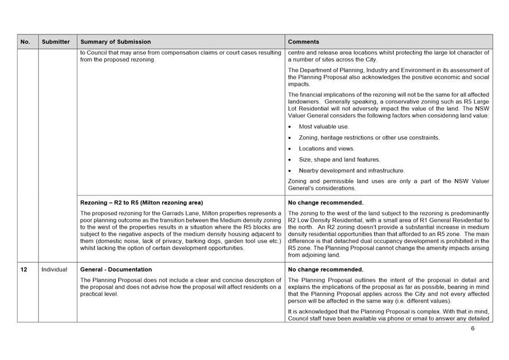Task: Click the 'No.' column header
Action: pyautogui.click(x=25, y=42)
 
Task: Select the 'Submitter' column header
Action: pyautogui.click(x=56, y=42)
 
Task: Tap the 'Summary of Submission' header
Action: pyautogui.click(x=116, y=42)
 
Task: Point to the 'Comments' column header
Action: pyautogui.click(x=303, y=42)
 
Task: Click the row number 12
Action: pyautogui.click(x=25, y=269)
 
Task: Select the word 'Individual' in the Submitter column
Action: pyautogui.click(x=54, y=269)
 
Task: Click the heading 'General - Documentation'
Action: pyautogui.click(x=116, y=269)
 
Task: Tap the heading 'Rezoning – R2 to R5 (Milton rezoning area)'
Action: pyautogui.click(x=142, y=202)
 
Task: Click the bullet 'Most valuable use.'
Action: pyautogui.click(x=324, y=127)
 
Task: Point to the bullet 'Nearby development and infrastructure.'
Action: pyautogui.click(x=351, y=170)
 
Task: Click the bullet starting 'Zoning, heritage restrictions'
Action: pyautogui.click(x=369, y=138)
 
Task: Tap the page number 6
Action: pyautogui.click(x=473, y=329)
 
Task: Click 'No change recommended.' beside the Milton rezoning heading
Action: pyautogui.click(x=326, y=202)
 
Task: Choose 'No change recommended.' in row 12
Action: pyautogui.click(x=326, y=269)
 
